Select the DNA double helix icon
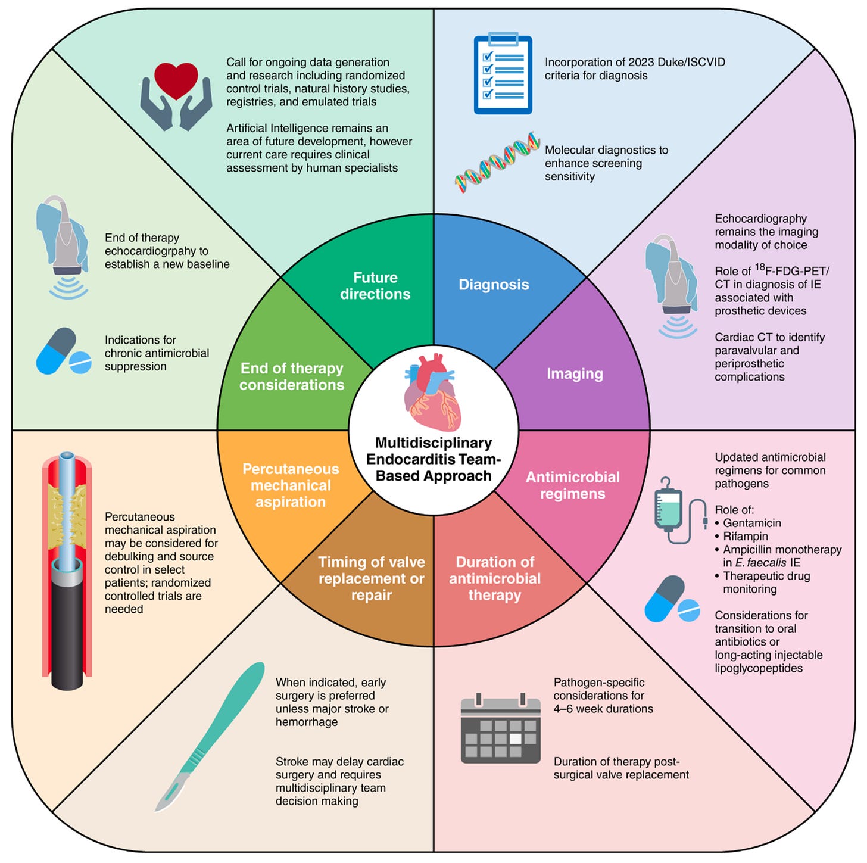[x=497, y=162]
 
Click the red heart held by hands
[x=176, y=80]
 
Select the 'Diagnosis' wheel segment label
[x=494, y=285]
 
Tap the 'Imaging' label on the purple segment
[x=575, y=373]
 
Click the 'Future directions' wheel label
[x=375, y=285]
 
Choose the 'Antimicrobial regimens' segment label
[x=572, y=485]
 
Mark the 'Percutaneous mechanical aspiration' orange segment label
[x=291, y=485]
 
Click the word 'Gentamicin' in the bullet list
[x=752, y=523]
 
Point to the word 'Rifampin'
[x=746, y=536]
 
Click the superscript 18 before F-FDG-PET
[x=760, y=267]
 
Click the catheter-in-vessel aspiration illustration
[x=67, y=571]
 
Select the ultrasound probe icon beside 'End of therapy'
[x=64, y=247]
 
